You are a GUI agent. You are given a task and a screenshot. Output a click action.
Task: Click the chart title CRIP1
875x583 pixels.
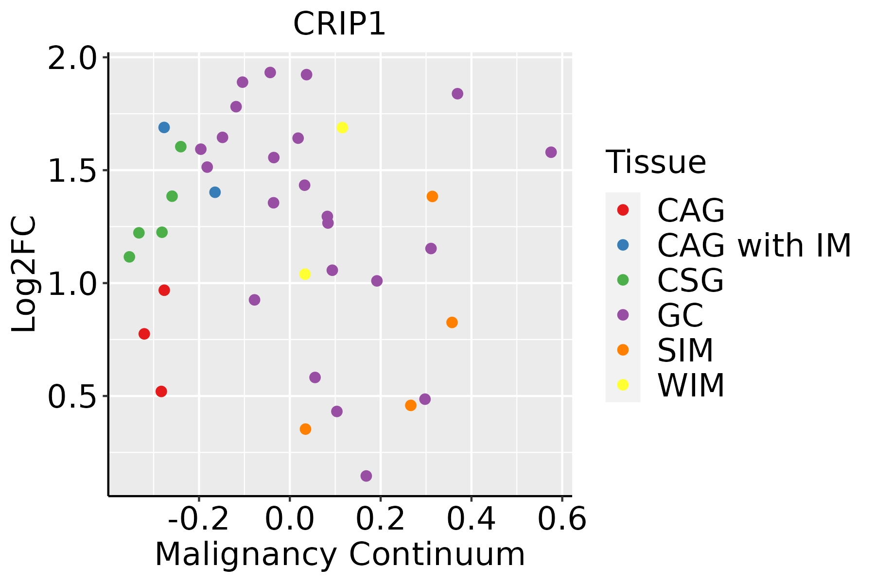(x=339, y=24)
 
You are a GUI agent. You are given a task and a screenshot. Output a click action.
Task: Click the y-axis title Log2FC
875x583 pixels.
(x=24, y=274)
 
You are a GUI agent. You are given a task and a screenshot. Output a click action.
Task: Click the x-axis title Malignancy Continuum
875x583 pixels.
(x=340, y=554)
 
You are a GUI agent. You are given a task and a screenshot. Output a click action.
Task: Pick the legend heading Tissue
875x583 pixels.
(x=656, y=162)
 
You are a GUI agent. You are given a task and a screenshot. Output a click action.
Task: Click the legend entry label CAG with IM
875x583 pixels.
(x=754, y=245)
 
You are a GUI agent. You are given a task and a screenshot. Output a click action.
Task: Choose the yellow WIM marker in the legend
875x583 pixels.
(x=623, y=385)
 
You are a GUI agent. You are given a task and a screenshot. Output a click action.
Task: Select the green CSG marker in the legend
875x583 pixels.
(x=623, y=280)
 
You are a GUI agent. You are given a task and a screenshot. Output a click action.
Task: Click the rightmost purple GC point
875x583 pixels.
(x=551, y=152)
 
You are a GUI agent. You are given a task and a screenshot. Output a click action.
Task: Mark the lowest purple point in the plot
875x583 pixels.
(x=366, y=476)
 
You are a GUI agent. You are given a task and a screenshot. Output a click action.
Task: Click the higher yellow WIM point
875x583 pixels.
(x=342, y=128)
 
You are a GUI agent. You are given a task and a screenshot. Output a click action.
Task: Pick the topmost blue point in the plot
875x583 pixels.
(x=164, y=127)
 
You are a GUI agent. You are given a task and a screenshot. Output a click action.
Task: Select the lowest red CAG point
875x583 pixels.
(x=161, y=391)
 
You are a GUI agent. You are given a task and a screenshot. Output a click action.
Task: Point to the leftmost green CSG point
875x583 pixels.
(x=129, y=257)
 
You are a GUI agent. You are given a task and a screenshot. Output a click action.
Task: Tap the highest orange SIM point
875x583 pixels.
(x=432, y=196)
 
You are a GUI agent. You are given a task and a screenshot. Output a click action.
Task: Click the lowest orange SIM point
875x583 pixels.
(x=305, y=429)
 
